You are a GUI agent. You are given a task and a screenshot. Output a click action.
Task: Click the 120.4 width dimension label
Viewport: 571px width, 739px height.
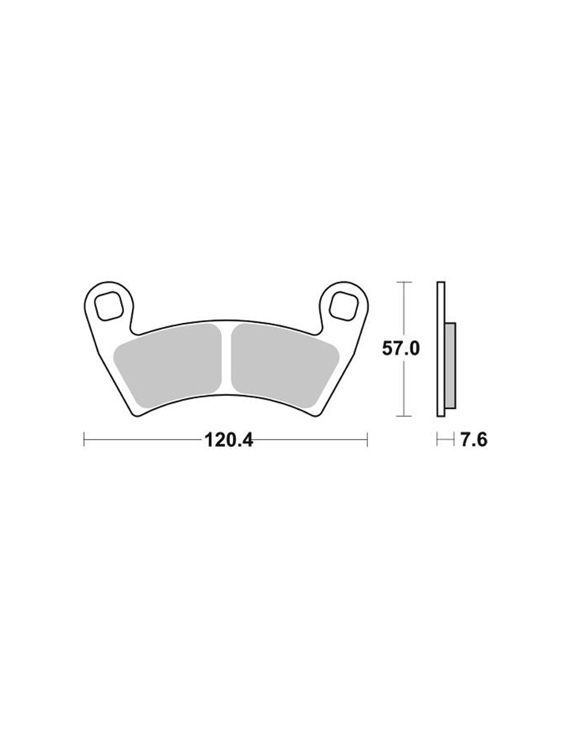[228, 441]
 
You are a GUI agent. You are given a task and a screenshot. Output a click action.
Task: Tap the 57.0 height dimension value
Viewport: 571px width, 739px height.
[401, 349]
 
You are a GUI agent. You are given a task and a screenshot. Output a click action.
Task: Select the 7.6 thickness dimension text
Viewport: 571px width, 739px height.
[474, 440]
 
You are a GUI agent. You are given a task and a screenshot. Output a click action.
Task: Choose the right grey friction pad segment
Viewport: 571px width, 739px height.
[284, 366]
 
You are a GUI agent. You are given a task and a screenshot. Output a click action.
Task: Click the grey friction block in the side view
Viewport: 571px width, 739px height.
[450, 365]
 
